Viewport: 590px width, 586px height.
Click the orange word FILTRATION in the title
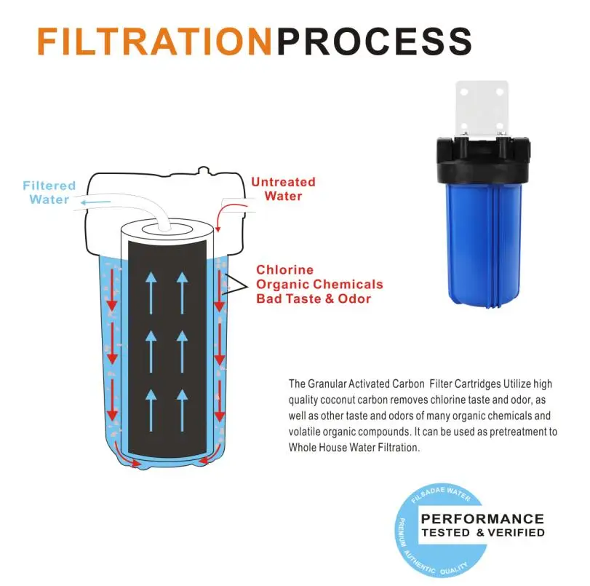click(x=154, y=41)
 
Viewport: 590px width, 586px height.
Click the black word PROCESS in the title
click(x=375, y=41)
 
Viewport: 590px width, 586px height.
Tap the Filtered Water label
click(x=49, y=192)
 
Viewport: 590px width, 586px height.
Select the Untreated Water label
click(x=283, y=189)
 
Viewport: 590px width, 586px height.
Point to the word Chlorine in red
click(x=285, y=269)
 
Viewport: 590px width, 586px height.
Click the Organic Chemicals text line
click(x=319, y=285)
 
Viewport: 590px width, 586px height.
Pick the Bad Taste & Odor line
click(x=314, y=298)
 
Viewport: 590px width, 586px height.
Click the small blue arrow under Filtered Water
click(x=96, y=202)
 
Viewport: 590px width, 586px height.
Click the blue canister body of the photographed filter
click(x=484, y=243)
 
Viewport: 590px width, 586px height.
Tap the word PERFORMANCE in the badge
click(x=482, y=519)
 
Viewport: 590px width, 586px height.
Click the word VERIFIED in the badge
click(x=517, y=533)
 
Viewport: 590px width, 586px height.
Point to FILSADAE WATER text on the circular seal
click(x=441, y=494)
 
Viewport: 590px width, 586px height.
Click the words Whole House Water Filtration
click(x=354, y=448)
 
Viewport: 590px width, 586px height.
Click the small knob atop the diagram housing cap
click(x=204, y=170)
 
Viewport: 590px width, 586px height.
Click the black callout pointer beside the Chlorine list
click(x=235, y=284)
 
